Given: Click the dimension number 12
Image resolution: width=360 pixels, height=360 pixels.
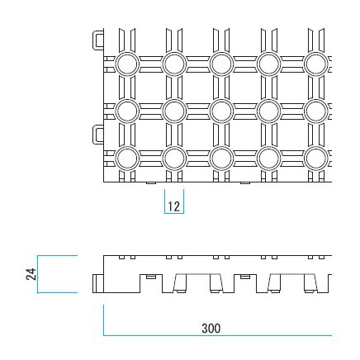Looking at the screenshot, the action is (173, 206).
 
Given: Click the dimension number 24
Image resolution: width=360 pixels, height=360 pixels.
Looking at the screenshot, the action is (31, 274).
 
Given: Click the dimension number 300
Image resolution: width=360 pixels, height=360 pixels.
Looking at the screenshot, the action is (211, 329).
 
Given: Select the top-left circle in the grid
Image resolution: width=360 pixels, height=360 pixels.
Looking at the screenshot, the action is (127, 64).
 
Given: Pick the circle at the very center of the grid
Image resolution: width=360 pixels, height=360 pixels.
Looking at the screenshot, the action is (221, 111).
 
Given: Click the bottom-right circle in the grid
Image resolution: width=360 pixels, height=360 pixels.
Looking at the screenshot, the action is (316, 159).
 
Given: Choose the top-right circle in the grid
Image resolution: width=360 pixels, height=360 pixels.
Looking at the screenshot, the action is (316, 64).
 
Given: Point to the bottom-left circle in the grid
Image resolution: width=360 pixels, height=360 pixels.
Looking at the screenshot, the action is (127, 159).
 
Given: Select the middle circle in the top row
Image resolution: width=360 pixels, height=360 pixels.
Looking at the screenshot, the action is (221, 64).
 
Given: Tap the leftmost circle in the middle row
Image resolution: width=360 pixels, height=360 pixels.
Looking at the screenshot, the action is (127, 111).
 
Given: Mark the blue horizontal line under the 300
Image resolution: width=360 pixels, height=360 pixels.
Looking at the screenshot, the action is (217, 335).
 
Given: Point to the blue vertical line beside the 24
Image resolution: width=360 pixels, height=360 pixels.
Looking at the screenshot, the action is (38, 274).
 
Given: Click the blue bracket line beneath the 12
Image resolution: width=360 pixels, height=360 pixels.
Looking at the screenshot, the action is (174, 213).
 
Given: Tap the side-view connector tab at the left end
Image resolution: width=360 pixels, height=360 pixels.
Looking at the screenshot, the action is (98, 283).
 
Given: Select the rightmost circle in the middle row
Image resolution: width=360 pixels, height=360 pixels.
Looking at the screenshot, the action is (316, 111).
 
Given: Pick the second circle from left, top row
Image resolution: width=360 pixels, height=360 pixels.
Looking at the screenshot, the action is (174, 64).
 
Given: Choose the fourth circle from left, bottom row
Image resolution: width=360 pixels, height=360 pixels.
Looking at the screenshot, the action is (269, 159).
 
